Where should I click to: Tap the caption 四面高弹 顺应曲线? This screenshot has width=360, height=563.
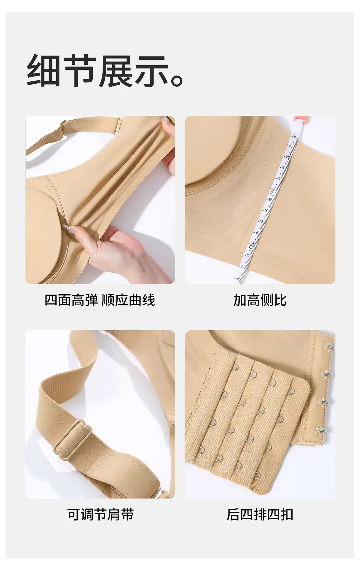click(100, 300)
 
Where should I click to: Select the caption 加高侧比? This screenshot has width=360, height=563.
click(260, 300)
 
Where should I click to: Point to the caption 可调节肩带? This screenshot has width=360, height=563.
click(100, 514)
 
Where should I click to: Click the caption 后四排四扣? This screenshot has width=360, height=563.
click(260, 514)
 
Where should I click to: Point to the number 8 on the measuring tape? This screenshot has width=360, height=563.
click(262, 221)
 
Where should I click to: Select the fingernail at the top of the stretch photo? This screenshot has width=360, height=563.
click(166, 122)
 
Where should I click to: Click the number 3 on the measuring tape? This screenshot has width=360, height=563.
click(283, 167)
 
